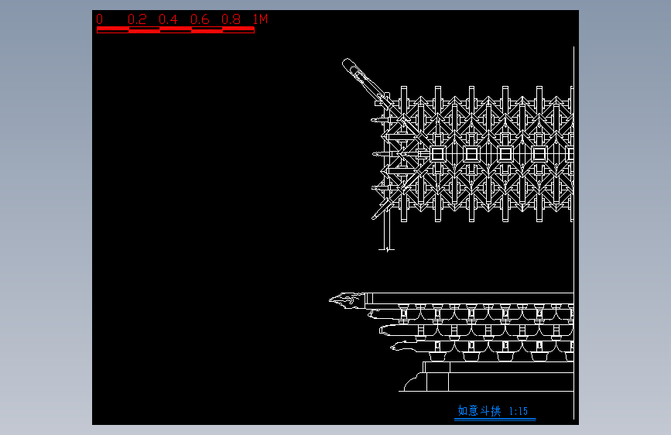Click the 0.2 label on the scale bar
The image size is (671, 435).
pyautogui.click(x=137, y=19)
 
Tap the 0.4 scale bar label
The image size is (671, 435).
pyautogui.click(x=168, y=19)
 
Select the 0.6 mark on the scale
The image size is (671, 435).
pyautogui.click(x=200, y=19)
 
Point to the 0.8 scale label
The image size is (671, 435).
pyautogui.click(x=231, y=19)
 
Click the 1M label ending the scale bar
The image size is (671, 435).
pyautogui.click(x=260, y=19)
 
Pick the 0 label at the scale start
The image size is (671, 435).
pyautogui.click(x=99, y=19)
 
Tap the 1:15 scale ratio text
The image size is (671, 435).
pyautogui.click(x=519, y=411)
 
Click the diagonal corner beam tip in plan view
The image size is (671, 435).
pyautogui.click(x=349, y=65)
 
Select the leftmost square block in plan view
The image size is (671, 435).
pyautogui.click(x=437, y=154)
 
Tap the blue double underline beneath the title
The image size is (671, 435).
pyautogui.click(x=495, y=420)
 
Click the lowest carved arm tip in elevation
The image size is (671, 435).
pyautogui.click(x=396, y=347)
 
